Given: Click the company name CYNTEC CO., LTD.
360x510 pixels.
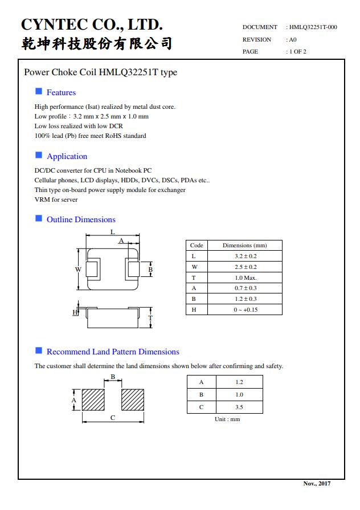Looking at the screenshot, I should click(92, 25).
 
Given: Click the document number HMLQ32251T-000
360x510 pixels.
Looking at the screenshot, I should click(313, 27).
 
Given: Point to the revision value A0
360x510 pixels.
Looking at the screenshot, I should click(292, 40).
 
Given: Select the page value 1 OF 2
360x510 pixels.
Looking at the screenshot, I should click(298, 52).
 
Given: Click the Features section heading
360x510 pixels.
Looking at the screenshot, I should click(61, 92).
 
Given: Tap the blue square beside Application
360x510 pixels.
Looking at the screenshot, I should click(39, 155).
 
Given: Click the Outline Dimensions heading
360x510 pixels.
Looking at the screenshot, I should click(81, 219).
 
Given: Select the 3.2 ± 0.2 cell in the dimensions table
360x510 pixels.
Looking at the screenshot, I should click(245, 256).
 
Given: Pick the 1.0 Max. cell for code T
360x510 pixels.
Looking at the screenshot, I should click(245, 278).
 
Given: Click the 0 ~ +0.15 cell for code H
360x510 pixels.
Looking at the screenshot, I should click(245, 309).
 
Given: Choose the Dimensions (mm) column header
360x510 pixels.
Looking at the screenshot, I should click(245, 246).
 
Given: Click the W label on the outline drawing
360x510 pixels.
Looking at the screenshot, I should click(78, 269).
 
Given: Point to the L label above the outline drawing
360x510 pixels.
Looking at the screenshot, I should click(113, 232).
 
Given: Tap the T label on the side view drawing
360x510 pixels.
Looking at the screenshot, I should click(150, 317).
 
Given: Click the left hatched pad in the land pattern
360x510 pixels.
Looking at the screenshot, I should click(93, 400).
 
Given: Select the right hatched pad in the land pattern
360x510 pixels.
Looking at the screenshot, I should click(132, 400).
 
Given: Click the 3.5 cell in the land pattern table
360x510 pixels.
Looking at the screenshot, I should click(239, 407).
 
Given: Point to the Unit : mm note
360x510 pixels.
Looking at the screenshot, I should click(227, 419).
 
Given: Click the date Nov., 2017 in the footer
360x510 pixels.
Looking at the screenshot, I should click(317, 483).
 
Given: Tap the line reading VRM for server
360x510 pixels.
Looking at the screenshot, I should click(56, 199).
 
